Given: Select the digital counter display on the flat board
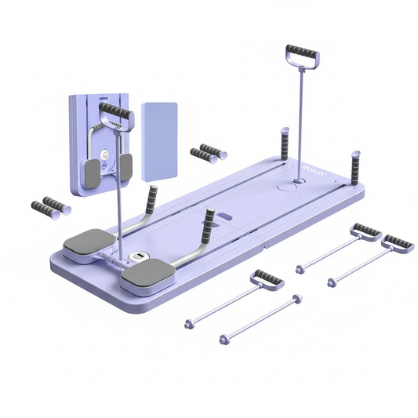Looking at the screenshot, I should point(137,258).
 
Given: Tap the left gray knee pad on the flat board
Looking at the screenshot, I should point(89,242).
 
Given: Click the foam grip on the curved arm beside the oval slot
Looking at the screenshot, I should point(208,225).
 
